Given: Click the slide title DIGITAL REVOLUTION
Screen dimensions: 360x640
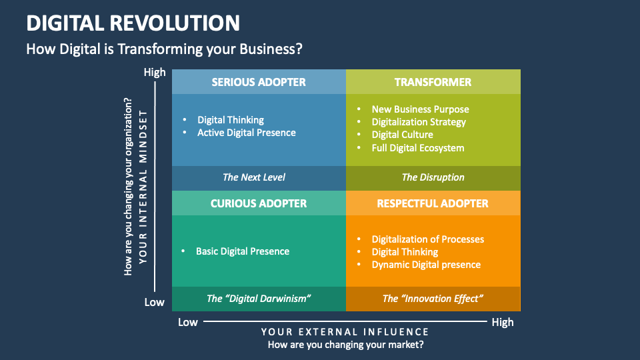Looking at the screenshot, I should [x=133, y=23].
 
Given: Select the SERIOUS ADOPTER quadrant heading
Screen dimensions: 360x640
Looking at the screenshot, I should [x=259, y=82].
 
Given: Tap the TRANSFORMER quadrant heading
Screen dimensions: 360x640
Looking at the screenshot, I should [x=433, y=82].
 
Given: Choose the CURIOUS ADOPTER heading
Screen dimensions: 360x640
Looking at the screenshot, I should [x=259, y=203].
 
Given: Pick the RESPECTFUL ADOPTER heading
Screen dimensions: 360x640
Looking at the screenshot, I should [x=433, y=203].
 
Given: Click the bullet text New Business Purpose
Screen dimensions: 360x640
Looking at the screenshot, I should [x=420, y=109].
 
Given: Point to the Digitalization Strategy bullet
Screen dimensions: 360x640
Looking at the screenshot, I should [x=419, y=122].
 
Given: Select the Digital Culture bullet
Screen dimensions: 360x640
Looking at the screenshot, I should [x=402, y=135].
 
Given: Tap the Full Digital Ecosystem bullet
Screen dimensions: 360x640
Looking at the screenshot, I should [x=417, y=148].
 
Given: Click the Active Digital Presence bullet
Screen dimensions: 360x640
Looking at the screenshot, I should [x=246, y=133].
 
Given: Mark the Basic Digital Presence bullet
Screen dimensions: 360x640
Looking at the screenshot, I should [x=243, y=251].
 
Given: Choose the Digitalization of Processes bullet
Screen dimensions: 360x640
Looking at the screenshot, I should [x=427, y=239].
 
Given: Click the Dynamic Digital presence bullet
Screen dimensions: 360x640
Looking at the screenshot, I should [x=426, y=265].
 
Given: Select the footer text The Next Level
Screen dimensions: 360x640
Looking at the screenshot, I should [x=253, y=177].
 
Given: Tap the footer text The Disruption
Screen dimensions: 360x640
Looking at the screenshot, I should [x=433, y=177].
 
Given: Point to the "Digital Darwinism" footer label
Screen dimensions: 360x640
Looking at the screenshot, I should [x=259, y=299].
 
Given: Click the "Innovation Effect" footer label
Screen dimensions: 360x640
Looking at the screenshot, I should [x=433, y=299].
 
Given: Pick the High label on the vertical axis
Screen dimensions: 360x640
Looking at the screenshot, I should [x=155, y=73].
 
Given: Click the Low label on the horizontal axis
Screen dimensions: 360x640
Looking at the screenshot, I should [x=188, y=322].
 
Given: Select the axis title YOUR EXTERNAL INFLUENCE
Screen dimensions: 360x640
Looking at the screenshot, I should [x=345, y=332].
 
